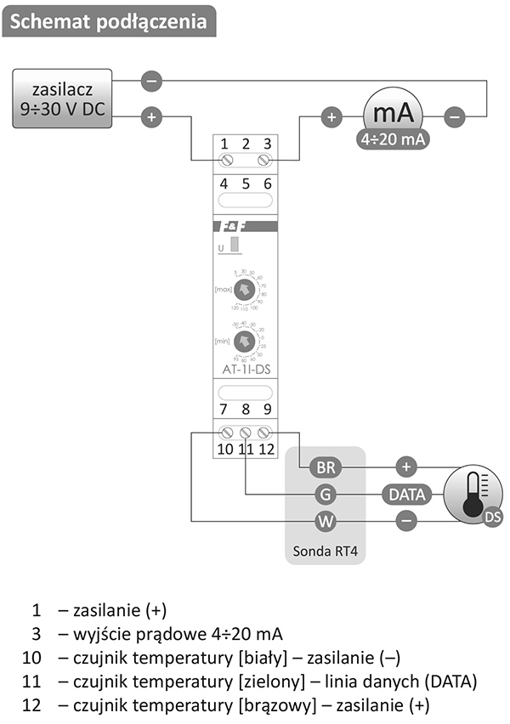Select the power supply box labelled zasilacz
pos(63,99)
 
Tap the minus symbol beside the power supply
pos(150,82)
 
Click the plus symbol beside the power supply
pos(150,116)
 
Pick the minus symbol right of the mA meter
pos(456,116)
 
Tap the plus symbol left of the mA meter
pos(331,116)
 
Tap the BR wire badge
pos(326,467)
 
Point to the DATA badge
pos(407,494)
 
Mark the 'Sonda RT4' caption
pos(326,550)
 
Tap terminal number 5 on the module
pos(246,183)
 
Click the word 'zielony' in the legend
pos(290,681)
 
